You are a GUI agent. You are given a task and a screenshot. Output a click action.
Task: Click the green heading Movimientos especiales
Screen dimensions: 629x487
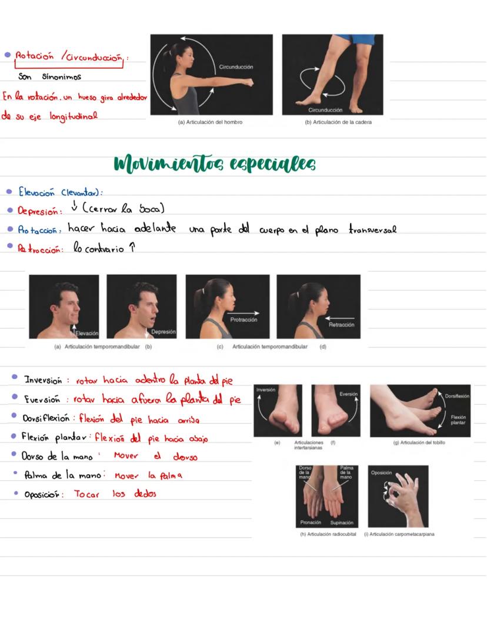click(215, 164)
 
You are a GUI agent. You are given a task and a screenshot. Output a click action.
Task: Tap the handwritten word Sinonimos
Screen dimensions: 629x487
click(62, 76)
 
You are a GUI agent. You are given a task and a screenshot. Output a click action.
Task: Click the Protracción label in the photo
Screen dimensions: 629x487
click(243, 320)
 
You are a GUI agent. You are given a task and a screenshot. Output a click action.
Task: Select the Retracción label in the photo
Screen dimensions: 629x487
click(341, 325)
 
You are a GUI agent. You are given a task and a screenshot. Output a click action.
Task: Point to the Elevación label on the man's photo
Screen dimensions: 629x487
click(87, 333)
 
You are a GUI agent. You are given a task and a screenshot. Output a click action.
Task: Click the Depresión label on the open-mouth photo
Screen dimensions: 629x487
click(163, 332)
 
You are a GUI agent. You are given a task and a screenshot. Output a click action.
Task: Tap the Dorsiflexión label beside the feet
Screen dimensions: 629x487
click(457, 396)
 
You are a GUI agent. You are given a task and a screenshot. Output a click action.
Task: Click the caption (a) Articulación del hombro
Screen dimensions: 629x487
click(210, 122)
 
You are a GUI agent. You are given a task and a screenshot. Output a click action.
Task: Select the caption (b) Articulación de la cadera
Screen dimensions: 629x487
click(338, 122)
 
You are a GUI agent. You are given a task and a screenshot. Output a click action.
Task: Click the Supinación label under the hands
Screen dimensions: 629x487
click(342, 522)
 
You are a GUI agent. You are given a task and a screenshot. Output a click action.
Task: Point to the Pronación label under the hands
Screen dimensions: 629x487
click(311, 522)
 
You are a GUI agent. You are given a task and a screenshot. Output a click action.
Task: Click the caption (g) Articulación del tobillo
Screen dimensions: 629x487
click(419, 442)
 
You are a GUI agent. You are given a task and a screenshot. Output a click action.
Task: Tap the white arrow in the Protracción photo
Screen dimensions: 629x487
click(243, 313)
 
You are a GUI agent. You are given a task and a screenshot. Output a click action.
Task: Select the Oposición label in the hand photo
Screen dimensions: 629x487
click(382, 472)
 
